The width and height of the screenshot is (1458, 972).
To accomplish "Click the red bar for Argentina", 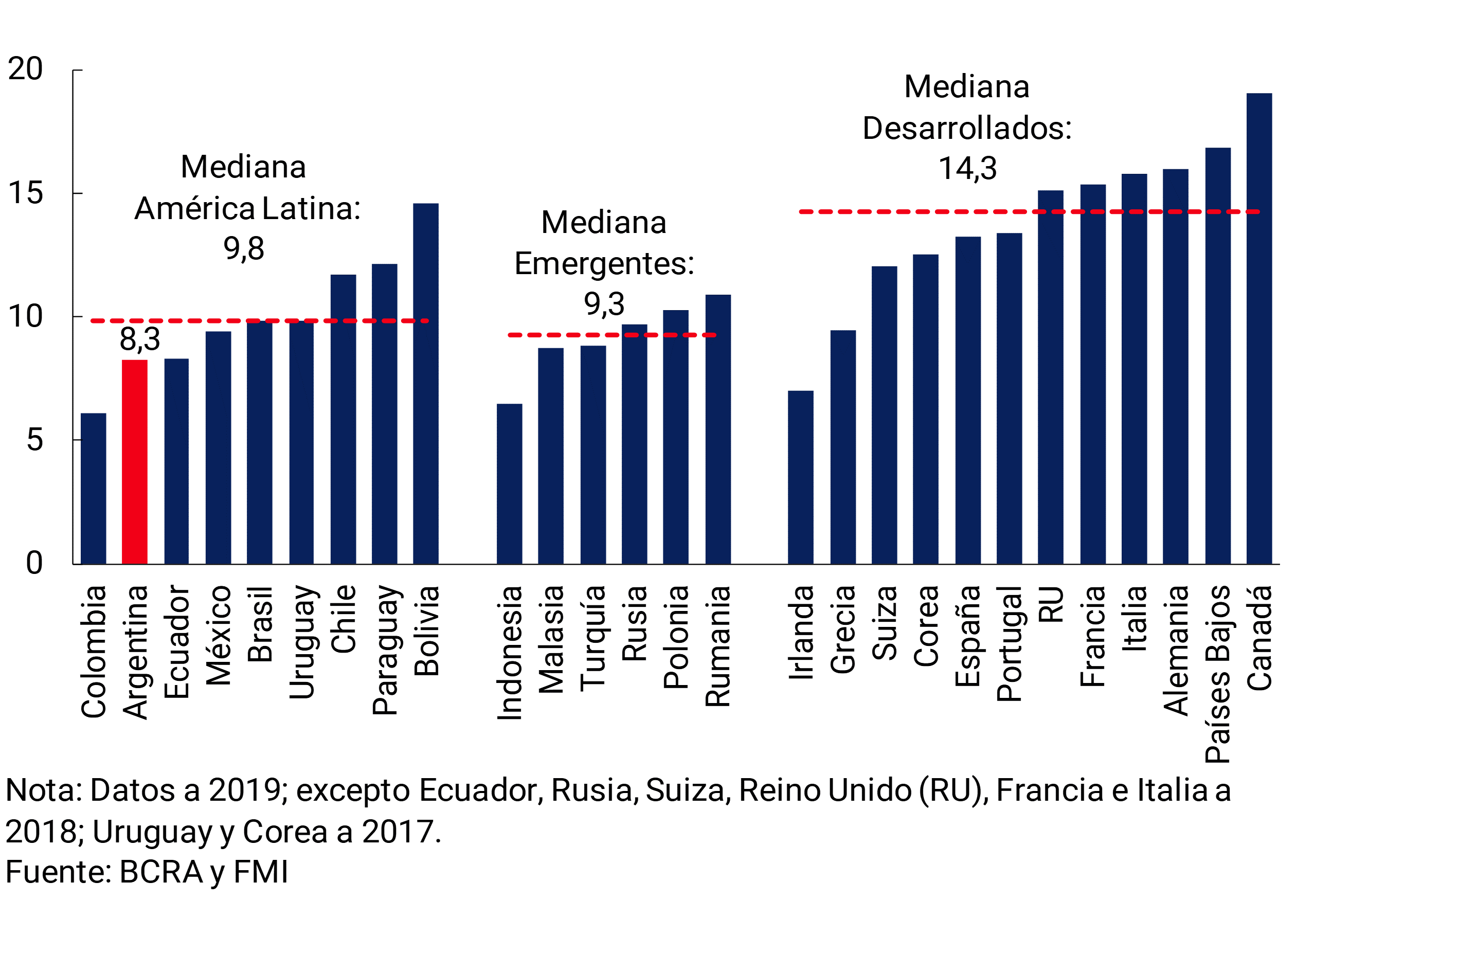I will [135, 462].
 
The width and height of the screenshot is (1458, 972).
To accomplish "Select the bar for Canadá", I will [1259, 329].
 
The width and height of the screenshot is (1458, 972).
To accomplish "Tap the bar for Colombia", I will [93, 489].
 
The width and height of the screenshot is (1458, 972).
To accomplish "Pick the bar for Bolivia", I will [426, 384].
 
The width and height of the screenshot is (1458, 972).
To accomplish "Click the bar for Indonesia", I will [509, 483].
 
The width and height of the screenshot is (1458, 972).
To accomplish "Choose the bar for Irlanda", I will [800, 477].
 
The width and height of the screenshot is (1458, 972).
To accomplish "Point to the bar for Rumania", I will [718, 429].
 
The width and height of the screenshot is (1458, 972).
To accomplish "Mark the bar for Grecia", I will [843, 447].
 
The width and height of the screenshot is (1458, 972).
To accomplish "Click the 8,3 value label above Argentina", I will [139, 339].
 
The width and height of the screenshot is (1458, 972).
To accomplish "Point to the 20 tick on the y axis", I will [25, 69].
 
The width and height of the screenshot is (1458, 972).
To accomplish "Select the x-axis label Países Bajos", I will [1217, 674].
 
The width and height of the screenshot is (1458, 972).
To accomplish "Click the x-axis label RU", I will [1051, 604].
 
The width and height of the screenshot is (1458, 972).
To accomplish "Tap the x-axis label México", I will [218, 635].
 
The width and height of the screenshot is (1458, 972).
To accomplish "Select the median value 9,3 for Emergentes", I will [604, 304].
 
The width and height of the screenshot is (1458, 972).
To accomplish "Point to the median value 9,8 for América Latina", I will [244, 248].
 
